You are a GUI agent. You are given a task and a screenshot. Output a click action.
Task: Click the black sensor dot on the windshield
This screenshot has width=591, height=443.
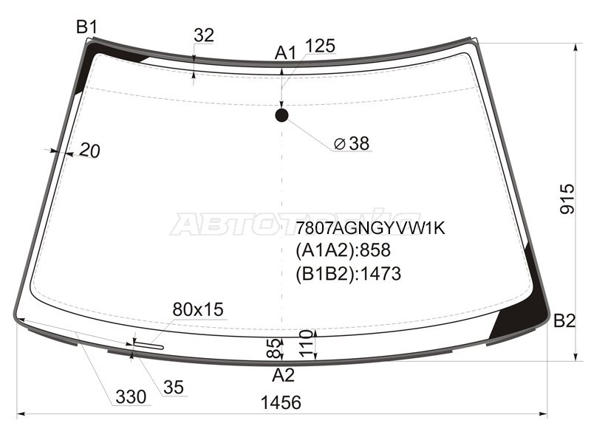tap(282, 115)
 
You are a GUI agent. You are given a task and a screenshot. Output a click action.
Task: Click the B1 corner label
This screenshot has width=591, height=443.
tap(86, 27)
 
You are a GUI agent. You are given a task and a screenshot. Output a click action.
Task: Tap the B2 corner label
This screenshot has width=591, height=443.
tap(564, 321)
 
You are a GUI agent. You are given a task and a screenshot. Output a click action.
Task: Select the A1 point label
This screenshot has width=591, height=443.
tap(285, 53)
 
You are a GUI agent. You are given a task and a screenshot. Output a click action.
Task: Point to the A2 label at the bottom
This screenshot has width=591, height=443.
tap(283, 375)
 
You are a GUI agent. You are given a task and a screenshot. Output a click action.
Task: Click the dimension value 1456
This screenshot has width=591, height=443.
tap(281, 402)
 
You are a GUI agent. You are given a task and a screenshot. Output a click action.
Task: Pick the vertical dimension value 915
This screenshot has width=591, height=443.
tap(567, 199)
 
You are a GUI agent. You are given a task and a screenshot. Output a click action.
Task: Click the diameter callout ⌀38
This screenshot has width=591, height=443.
tap(352, 143)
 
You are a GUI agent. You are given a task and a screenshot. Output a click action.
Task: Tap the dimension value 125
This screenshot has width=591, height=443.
tap(320, 46)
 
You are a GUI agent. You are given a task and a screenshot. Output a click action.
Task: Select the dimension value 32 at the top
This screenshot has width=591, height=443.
tap(204, 35)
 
